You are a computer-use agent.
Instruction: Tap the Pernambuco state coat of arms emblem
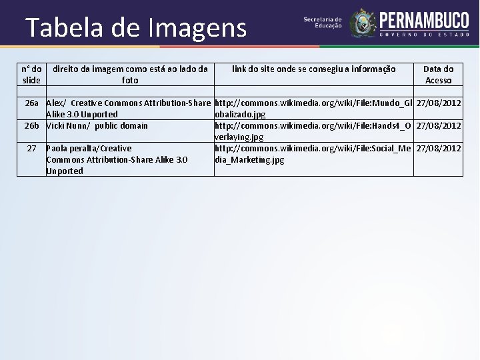click(363, 22)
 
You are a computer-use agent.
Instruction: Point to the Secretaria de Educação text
click(323, 23)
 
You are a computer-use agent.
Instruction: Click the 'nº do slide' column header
click(31, 75)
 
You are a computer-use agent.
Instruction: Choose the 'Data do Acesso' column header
click(438, 75)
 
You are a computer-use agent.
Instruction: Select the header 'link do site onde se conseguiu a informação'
click(313, 69)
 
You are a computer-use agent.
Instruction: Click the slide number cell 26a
click(32, 103)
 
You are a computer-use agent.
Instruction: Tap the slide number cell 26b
click(32, 125)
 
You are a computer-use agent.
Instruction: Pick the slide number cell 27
click(31, 148)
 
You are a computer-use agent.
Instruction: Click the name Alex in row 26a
click(55, 103)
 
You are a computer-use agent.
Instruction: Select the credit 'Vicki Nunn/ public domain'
click(97, 125)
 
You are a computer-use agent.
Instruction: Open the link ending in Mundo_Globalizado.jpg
click(313, 109)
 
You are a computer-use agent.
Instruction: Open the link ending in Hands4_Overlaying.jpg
click(313, 131)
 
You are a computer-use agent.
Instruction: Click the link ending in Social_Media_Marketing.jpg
click(313, 153)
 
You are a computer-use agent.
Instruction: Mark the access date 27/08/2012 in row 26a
click(438, 103)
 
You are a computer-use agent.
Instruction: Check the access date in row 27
click(438, 148)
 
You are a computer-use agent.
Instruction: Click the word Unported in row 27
click(65, 171)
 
